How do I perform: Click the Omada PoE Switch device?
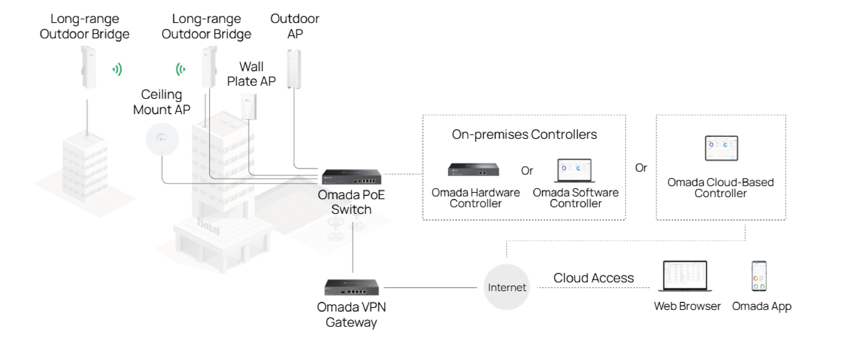coord(351,177)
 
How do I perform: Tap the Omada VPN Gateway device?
coord(351,287)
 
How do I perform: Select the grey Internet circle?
coord(507,287)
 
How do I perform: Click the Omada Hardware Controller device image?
coord(473,170)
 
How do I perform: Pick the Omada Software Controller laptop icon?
coord(574,171)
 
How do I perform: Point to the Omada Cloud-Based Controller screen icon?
coord(721,148)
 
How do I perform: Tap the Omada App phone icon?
coord(759,276)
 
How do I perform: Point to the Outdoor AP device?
coord(294,69)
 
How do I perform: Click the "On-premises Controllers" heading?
coord(524,134)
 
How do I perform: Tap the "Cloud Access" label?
coord(593,278)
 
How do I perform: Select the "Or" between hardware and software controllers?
coord(527,171)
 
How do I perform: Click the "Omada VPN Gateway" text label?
coord(351,315)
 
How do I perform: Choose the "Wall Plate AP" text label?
coord(251,74)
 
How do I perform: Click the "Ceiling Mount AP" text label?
coord(162,102)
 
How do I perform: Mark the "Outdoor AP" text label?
coord(294,26)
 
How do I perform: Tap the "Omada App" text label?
coord(761,306)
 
